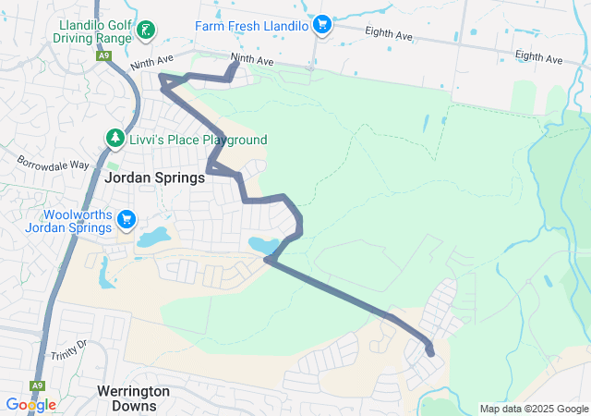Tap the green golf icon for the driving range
[x=144, y=31]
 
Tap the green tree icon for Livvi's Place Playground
[x=115, y=139]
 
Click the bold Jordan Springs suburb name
[x=154, y=178]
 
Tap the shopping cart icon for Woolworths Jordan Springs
[x=127, y=221]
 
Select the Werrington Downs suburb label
[x=134, y=398]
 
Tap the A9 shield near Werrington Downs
[x=37, y=385]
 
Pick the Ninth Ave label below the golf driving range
[x=151, y=65]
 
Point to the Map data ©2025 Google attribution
[x=534, y=409]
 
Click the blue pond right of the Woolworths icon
[x=152, y=238]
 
